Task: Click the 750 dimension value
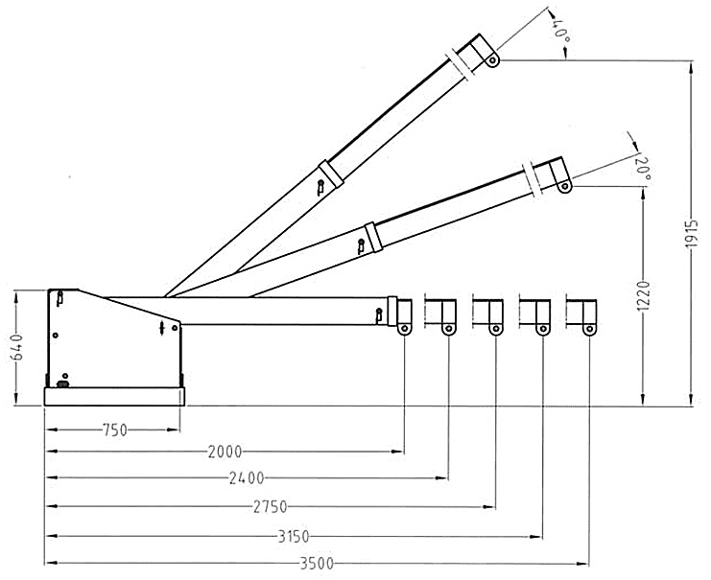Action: [x=113, y=430]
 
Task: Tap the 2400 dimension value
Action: [x=247, y=477]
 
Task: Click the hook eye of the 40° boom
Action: [x=492, y=60]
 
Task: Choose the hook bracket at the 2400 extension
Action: [x=442, y=315]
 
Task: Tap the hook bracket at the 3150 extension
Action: [x=535, y=315]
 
